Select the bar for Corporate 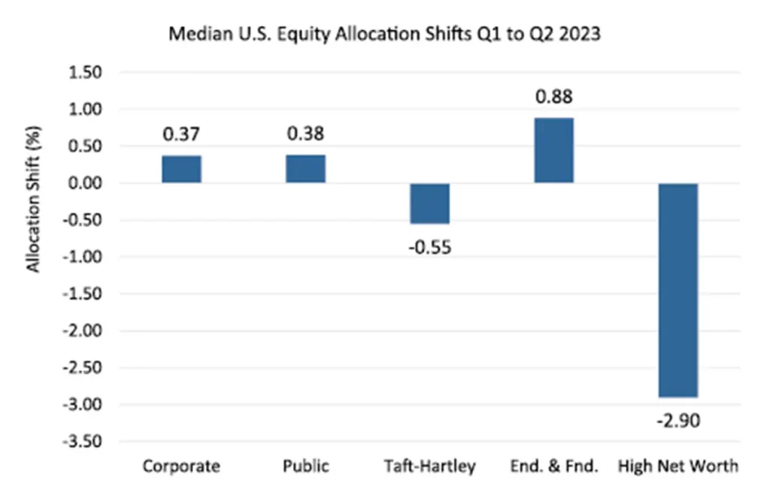[x=181, y=169]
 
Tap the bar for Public [x=305, y=168]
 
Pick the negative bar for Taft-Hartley [x=430, y=204]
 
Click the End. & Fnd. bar [x=554, y=150]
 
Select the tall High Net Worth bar [x=678, y=290]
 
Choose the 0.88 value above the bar [x=554, y=97]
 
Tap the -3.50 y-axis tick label [x=87, y=442]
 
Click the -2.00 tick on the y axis [x=87, y=331]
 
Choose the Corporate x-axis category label [x=181, y=466]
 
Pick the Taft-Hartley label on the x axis [x=430, y=466]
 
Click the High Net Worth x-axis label [x=678, y=466]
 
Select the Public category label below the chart [x=305, y=466]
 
